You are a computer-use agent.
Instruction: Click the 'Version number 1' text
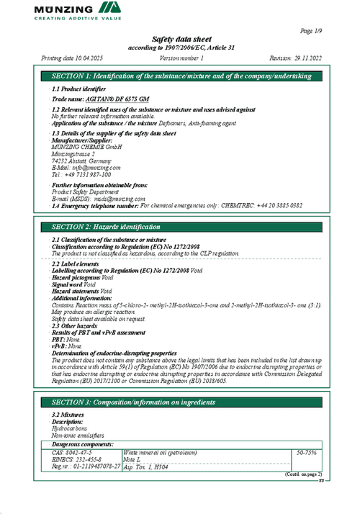point(181,57)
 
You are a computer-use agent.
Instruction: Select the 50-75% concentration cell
point(307,452)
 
